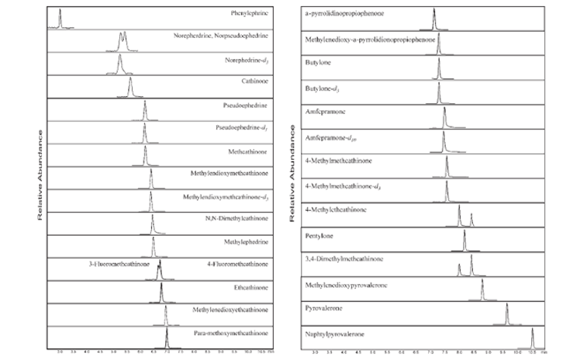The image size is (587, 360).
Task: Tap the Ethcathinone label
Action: [250, 287]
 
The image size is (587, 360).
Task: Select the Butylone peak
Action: [439, 70]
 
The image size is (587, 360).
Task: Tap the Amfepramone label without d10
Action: [329, 115]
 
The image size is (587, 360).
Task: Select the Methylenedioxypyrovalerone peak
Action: [482, 289]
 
